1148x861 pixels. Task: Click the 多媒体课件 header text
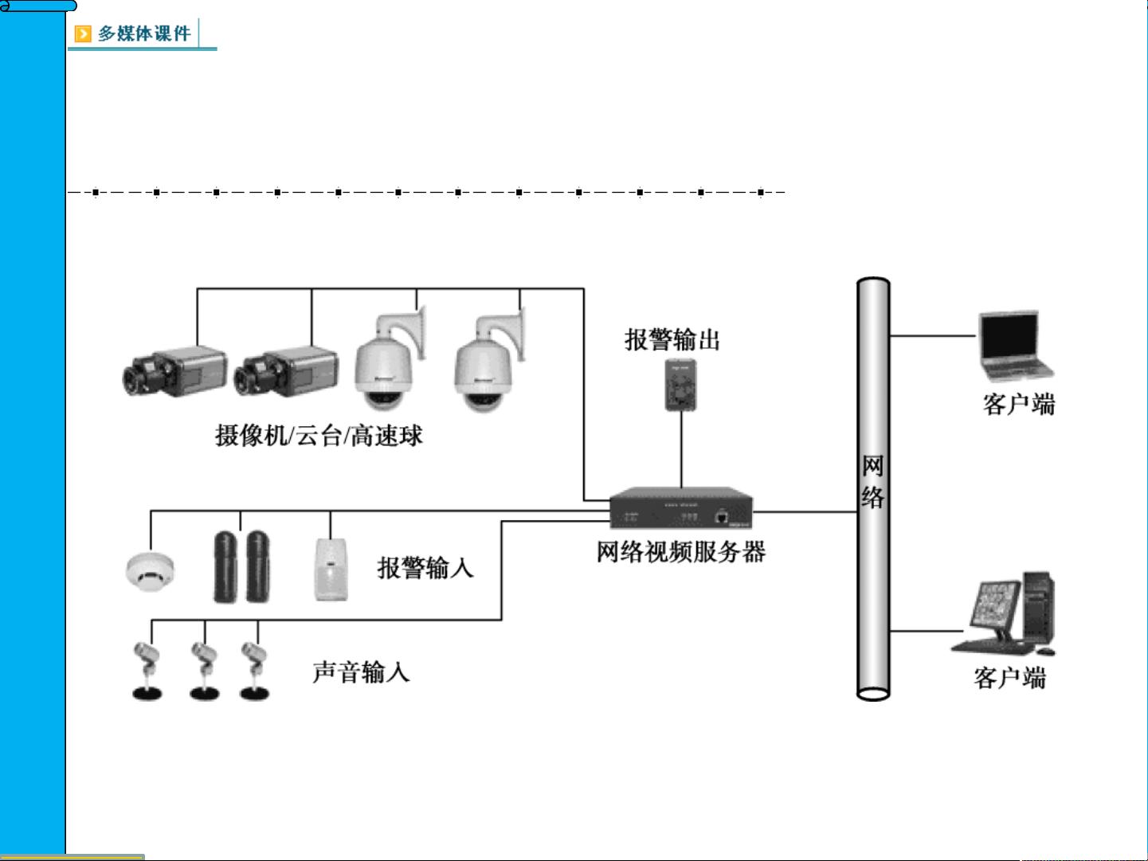[144, 33]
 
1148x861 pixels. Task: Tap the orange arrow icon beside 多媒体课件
[83, 33]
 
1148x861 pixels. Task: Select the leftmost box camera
[163, 372]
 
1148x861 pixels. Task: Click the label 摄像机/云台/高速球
[319, 436]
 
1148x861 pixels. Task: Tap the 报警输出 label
[672, 340]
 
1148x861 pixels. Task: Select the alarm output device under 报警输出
[680, 385]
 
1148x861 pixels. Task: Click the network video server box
[680, 508]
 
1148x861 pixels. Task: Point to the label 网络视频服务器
[680, 552]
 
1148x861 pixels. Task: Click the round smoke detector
[150, 569]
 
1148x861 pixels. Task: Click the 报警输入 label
[425, 568]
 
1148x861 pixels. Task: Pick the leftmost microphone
[147, 671]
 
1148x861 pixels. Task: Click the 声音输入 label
[361, 672]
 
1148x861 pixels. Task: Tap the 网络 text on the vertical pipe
[872, 481]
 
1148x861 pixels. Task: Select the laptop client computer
[1013, 347]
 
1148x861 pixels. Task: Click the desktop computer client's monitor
[993, 607]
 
